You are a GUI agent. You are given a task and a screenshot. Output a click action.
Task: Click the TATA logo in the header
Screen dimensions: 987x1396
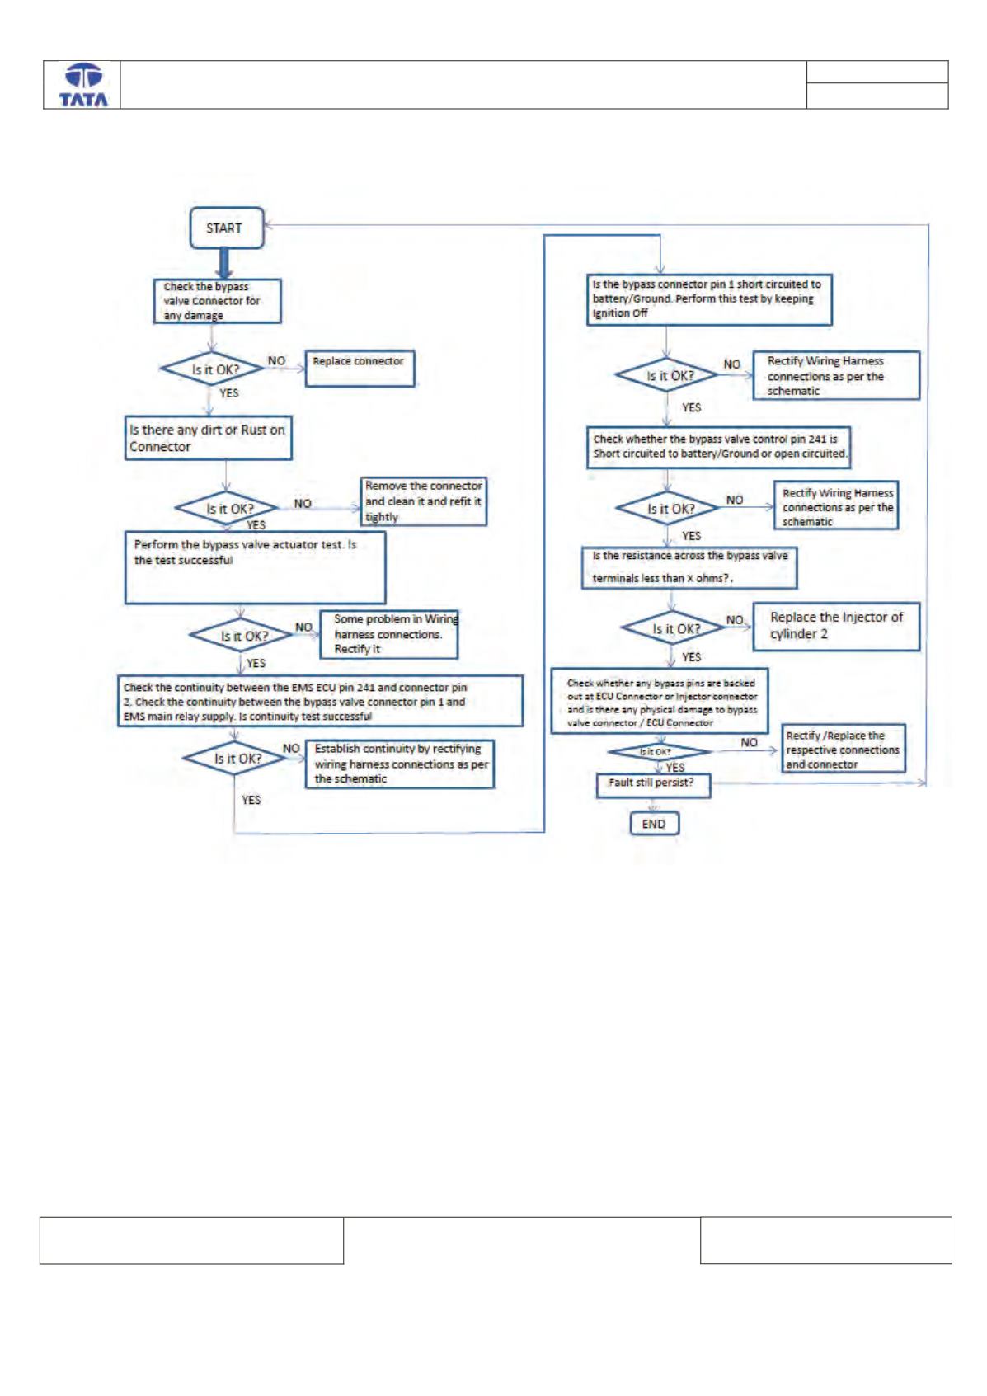tap(83, 85)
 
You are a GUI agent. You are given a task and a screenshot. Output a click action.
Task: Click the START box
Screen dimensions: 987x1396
tap(227, 228)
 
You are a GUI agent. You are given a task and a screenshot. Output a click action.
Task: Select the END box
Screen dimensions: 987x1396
tap(654, 823)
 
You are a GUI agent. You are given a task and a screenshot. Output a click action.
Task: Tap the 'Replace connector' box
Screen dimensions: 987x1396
tap(360, 369)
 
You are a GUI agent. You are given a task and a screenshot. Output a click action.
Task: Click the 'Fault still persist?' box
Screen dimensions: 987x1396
tap(653, 785)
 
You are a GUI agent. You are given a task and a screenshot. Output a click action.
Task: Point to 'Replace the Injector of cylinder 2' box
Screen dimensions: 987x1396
tap(836, 627)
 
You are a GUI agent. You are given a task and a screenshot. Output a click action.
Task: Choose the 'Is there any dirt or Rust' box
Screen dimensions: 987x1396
tap(208, 438)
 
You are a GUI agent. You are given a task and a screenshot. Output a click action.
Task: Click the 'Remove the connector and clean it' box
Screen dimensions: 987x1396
tap(424, 501)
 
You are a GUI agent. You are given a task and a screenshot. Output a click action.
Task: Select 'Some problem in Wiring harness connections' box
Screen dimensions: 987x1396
tap(389, 634)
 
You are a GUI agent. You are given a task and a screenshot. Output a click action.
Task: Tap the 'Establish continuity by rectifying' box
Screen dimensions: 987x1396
tap(399, 764)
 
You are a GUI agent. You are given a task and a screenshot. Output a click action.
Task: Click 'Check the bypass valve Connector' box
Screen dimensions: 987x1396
tap(218, 301)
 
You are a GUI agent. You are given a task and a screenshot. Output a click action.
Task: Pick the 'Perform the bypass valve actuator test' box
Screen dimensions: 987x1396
tap(256, 568)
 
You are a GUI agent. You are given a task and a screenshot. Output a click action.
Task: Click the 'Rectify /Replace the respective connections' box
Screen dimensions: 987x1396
tap(844, 749)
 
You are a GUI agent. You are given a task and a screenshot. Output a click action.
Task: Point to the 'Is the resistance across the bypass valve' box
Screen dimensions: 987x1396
tap(689, 568)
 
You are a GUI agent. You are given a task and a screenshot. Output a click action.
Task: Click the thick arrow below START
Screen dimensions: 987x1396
tap(224, 263)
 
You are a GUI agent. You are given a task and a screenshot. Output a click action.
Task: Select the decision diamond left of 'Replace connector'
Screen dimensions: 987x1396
tap(212, 369)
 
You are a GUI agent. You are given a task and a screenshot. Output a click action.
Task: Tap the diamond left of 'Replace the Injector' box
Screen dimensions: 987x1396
tap(674, 628)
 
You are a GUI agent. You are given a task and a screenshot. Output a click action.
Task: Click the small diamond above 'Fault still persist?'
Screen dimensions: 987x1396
tap(659, 752)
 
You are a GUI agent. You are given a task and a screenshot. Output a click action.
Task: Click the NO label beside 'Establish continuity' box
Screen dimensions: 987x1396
tap(291, 748)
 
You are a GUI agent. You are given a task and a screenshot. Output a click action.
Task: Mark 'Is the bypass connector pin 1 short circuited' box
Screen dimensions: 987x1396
tap(709, 300)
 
